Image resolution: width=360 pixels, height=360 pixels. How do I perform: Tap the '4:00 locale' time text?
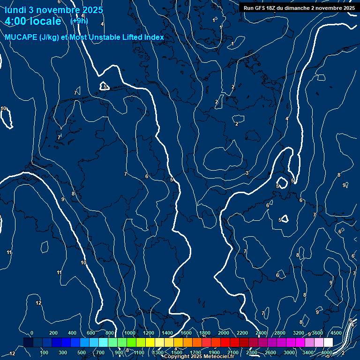[x=33, y=21]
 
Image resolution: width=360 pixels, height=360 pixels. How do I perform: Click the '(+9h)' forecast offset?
[x=78, y=21]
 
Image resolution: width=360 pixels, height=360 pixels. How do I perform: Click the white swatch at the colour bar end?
[x=328, y=342]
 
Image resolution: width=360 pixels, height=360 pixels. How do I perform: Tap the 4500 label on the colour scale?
[x=336, y=333]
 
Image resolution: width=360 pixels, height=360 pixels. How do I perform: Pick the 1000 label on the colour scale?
[x=130, y=333]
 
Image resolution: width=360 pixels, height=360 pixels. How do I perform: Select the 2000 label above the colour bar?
[x=224, y=333]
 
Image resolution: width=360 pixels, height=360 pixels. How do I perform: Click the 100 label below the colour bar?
[x=44, y=352]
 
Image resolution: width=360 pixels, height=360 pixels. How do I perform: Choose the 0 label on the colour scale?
[x=31, y=333]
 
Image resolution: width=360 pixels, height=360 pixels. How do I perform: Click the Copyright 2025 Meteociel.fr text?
[x=199, y=357]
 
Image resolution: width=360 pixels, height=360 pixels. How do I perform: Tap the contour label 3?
[x=247, y=173]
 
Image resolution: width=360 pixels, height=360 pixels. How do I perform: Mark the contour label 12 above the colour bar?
[x=38, y=303]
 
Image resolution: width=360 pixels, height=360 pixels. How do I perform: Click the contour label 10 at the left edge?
[x=4, y=109]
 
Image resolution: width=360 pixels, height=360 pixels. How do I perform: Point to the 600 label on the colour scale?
[x=91, y=333]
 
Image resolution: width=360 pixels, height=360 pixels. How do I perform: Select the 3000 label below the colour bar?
[x=289, y=352]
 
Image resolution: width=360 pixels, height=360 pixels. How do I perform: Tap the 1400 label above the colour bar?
[x=167, y=333]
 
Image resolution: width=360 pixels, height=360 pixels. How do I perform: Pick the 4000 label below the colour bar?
[x=327, y=352]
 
